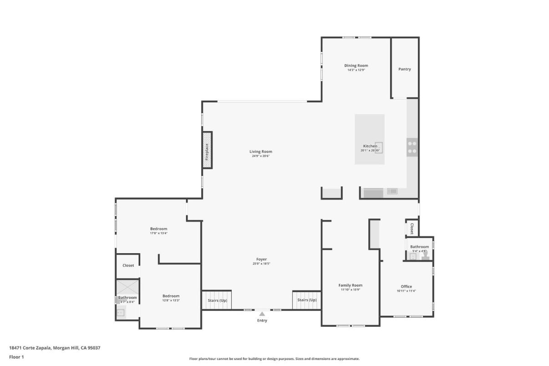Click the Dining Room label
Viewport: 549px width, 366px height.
356,66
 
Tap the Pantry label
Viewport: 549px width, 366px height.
404,69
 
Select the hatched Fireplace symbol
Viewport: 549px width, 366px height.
207,150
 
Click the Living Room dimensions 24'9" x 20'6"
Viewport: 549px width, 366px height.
261,156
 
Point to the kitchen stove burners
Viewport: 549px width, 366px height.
412,147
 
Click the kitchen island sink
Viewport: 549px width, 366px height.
379,147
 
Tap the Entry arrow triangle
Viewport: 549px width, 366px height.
262,314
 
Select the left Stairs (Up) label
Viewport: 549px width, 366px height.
217,300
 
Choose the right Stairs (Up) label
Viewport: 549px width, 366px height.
307,300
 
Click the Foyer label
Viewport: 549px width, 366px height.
261,259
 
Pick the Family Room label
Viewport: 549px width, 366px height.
350,285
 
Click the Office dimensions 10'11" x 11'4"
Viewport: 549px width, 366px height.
406,291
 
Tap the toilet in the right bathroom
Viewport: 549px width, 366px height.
425,255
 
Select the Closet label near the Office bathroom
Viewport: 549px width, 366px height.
412,228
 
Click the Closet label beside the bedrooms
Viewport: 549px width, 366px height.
128,265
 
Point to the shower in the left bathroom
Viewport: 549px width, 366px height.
127,288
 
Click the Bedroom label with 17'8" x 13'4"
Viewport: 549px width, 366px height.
158,229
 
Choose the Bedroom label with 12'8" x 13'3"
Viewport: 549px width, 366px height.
171,296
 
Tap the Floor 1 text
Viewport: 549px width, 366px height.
16,357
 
